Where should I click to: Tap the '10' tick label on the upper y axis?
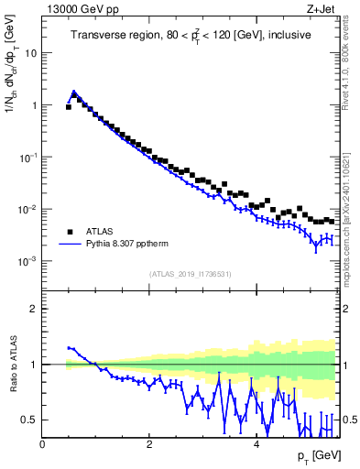[31, 53]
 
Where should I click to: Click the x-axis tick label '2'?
[149, 444]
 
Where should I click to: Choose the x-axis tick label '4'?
[256, 444]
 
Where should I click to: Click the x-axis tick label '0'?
[42, 444]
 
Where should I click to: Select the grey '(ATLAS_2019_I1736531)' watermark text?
[190, 275]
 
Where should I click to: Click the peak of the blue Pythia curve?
[74, 92]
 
